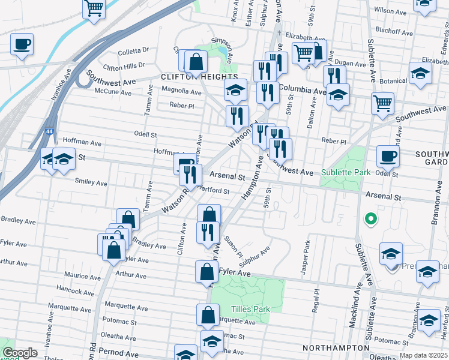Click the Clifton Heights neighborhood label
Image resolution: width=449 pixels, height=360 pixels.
(x=191, y=77)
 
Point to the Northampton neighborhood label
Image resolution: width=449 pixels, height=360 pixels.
(x=336, y=348)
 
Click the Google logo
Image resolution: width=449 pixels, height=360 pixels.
(x=19, y=353)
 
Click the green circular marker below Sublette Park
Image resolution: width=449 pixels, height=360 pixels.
(x=371, y=219)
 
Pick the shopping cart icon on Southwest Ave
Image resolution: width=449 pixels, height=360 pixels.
(x=382, y=103)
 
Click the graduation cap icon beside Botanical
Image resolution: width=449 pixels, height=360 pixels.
(x=421, y=73)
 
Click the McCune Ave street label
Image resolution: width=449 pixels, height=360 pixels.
(x=113, y=92)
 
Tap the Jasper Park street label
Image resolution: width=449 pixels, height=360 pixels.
(x=306, y=257)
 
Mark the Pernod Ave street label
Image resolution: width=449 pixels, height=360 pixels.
(x=120, y=353)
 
